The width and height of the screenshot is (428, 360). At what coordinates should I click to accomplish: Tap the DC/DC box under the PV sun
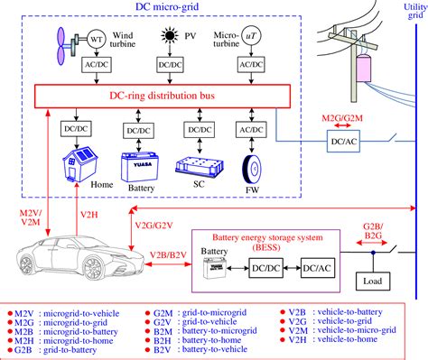click(168, 66)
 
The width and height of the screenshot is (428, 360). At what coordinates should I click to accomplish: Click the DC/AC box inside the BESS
click(318, 268)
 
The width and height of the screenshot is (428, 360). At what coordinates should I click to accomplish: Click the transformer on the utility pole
click(366, 70)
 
